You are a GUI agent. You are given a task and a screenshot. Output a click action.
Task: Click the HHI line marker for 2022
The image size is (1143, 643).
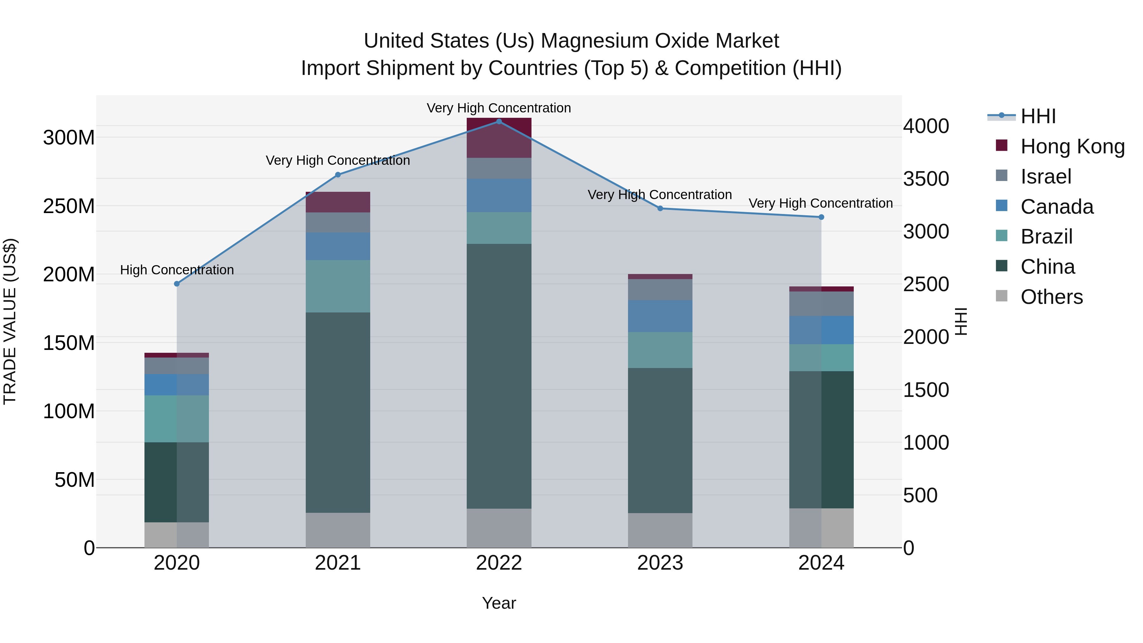pyautogui.click(x=499, y=122)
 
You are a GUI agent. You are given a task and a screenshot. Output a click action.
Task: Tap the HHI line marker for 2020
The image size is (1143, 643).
pyautogui.click(x=177, y=284)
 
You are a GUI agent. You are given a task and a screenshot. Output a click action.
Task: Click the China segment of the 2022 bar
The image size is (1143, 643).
pyautogui.click(x=499, y=376)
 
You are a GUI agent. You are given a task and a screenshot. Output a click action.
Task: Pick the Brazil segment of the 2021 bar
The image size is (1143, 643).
pyautogui.click(x=338, y=286)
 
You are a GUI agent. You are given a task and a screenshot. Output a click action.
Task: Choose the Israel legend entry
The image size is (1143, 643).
pyautogui.click(x=1046, y=177)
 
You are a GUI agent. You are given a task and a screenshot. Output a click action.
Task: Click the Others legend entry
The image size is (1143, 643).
pyautogui.click(x=1051, y=297)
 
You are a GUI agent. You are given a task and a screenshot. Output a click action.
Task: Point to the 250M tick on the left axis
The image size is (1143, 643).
pyautogui.click(x=69, y=206)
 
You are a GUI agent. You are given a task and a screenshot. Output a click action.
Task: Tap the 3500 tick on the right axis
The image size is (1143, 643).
pyautogui.click(x=926, y=179)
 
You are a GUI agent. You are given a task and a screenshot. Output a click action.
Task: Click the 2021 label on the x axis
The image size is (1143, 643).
pyautogui.click(x=338, y=563)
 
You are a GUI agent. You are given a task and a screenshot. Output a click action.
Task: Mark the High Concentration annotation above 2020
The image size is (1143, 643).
pyautogui.click(x=177, y=270)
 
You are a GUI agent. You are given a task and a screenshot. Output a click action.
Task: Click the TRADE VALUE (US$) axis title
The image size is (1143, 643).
pyautogui.click(x=10, y=321)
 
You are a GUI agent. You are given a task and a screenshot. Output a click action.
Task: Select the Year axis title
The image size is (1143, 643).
pyautogui.click(x=499, y=603)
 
